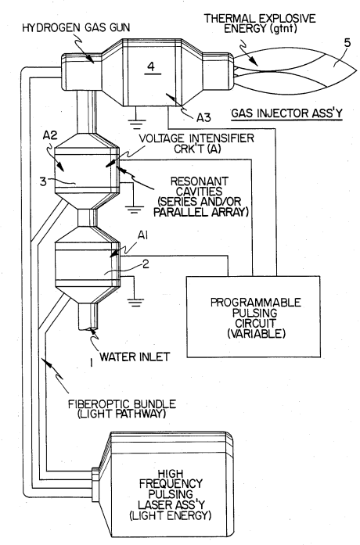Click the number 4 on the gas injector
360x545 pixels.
(150, 66)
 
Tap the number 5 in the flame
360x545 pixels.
(347, 43)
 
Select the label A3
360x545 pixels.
(203, 118)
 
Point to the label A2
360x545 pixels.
(50, 134)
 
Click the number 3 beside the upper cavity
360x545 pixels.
(43, 181)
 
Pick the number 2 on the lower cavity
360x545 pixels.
(146, 264)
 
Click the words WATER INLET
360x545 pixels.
(135, 357)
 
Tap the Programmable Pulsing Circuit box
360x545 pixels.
(254, 317)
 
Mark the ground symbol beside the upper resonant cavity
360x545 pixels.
(135, 210)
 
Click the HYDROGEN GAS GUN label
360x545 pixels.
(76, 28)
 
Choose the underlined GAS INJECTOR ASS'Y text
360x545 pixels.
(287, 113)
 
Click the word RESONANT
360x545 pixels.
(200, 181)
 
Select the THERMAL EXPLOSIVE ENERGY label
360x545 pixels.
(260, 23)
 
